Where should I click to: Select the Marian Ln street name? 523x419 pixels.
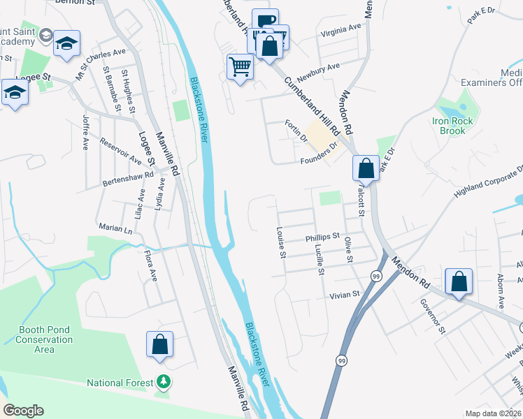[x=115, y=229]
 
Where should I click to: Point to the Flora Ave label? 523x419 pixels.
[x=150, y=266]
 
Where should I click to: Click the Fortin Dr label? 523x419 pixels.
[x=296, y=131]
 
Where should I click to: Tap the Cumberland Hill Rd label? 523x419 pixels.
[x=310, y=105]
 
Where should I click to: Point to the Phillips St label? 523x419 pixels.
[x=322, y=237]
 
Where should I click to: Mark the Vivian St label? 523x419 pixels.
[x=345, y=295]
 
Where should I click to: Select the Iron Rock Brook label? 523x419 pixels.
[x=452, y=126]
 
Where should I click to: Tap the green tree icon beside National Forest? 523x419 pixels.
[x=164, y=381]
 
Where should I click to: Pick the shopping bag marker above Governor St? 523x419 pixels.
[x=459, y=282]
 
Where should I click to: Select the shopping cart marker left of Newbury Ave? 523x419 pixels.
[x=240, y=67]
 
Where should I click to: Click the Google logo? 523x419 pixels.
[x=24, y=411]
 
